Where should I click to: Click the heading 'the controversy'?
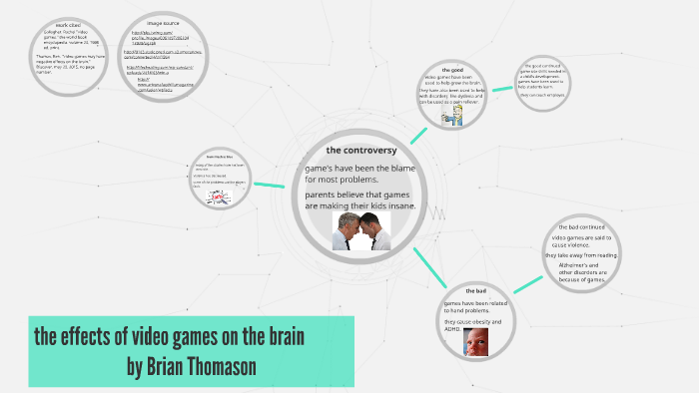(x=361, y=151)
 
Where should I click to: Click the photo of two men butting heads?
(x=360, y=230)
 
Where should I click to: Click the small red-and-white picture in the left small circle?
(x=219, y=197)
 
